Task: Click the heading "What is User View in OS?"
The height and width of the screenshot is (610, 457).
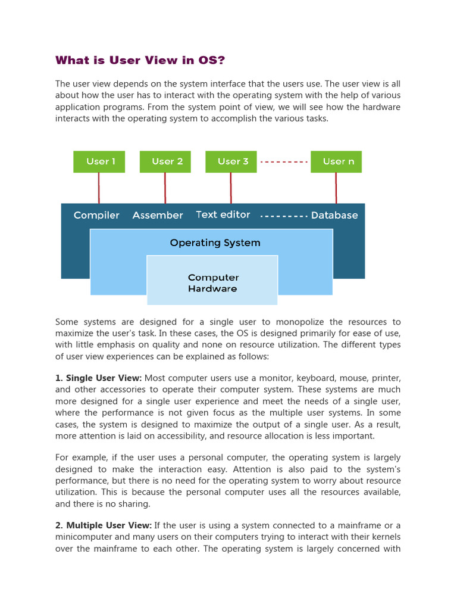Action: point(140,60)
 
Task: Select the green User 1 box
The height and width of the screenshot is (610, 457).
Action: point(99,161)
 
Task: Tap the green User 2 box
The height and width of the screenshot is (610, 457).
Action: point(165,161)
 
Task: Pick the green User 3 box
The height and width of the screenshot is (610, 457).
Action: point(231,161)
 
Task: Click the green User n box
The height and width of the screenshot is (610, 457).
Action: point(336,161)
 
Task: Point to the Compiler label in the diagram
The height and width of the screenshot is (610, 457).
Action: point(96,215)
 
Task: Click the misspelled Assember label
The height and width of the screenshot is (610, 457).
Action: point(158,215)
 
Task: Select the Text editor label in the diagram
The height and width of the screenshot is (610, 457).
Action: point(223,214)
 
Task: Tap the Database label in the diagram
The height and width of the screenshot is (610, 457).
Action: point(334,215)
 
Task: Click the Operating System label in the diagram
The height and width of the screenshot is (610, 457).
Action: point(215,242)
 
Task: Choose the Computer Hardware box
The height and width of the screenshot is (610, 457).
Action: point(212,283)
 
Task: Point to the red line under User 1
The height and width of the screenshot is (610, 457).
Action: point(99,188)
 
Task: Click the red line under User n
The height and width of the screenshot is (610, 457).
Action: point(336,188)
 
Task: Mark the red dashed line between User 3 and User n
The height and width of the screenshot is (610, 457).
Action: point(284,161)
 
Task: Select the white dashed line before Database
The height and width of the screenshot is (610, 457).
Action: point(284,216)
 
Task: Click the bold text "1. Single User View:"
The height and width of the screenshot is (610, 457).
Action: point(98,378)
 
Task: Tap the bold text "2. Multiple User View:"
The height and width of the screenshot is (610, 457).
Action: point(104,525)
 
